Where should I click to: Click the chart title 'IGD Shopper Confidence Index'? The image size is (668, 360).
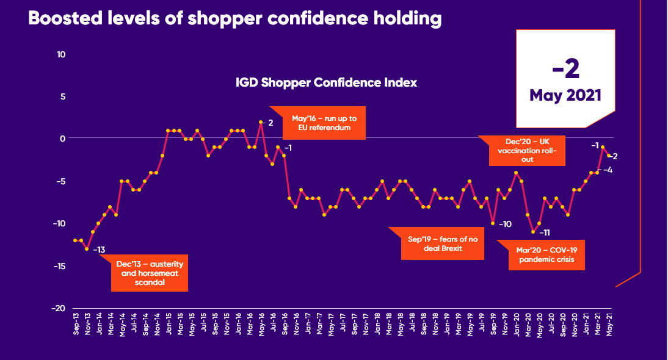326,82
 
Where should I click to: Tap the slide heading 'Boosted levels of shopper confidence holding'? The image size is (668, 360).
234,18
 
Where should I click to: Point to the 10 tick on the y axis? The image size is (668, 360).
62,54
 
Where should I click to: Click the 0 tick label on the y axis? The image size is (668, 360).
63,139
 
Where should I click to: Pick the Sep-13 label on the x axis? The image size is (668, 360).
76,327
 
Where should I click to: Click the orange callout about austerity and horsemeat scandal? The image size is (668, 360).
150,273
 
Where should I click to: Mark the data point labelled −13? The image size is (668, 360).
87,249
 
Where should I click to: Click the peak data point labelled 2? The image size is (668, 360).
261,122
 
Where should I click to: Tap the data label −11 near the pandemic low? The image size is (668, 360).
545,232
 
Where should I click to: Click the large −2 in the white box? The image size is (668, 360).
565,70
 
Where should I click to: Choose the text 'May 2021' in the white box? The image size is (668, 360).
565,95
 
